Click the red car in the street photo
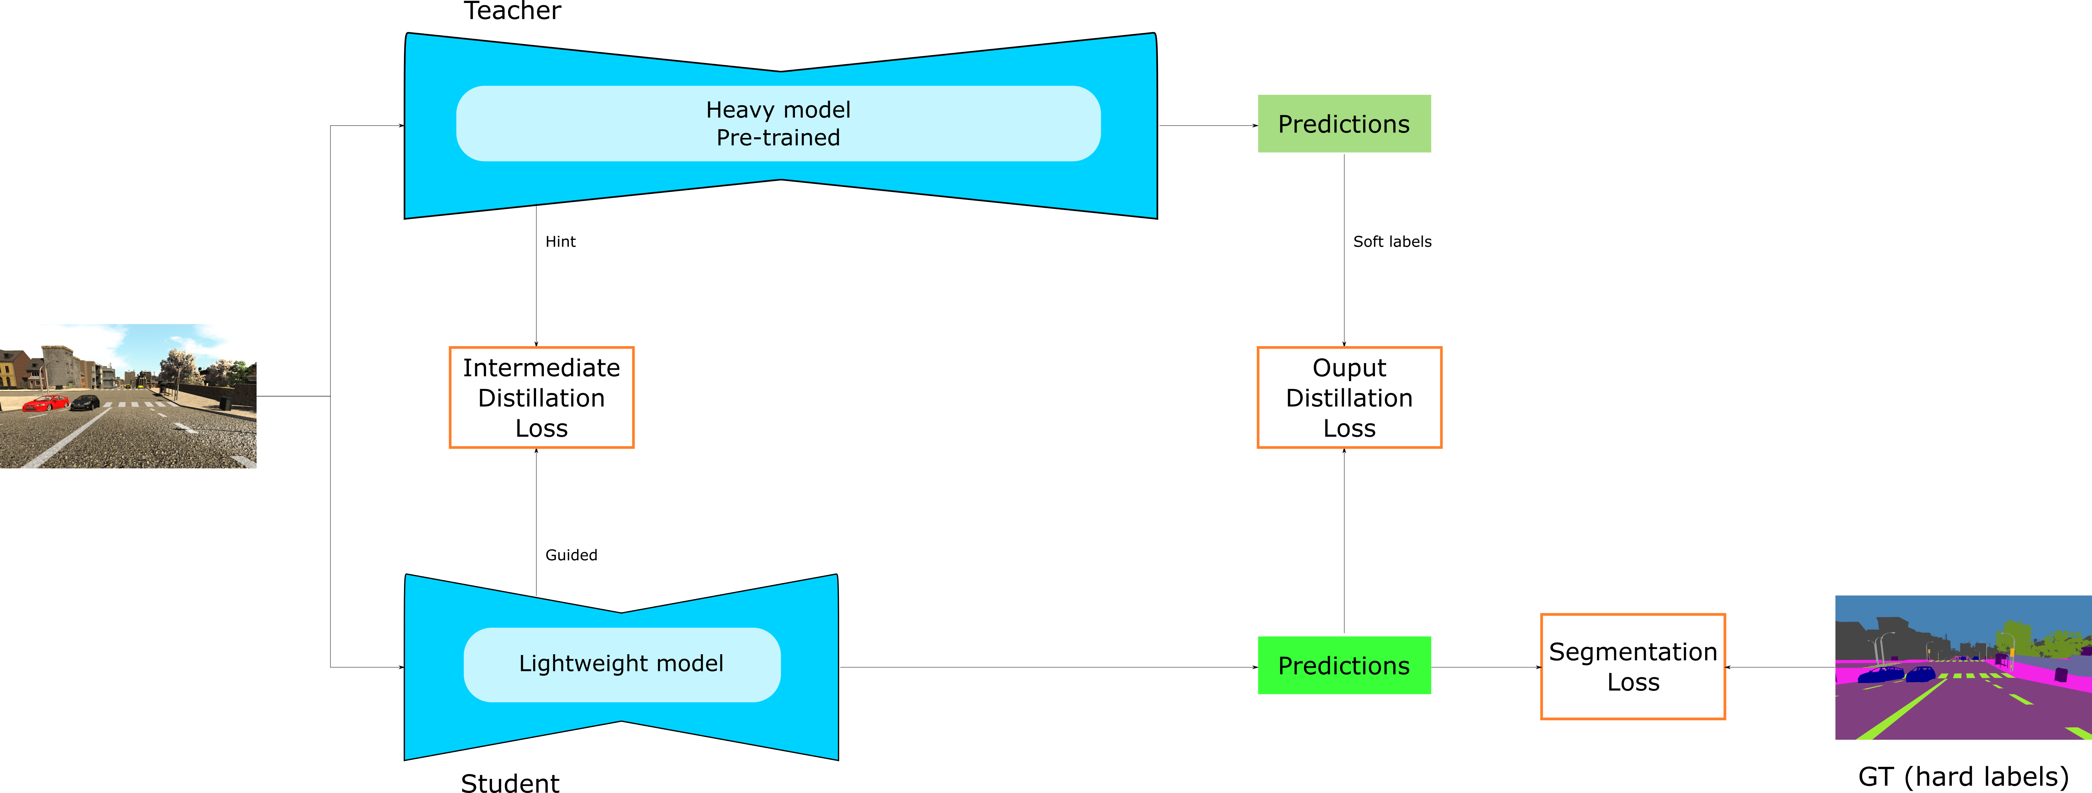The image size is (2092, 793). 46,402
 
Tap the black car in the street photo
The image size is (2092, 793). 85,402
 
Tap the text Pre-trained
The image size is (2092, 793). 778,138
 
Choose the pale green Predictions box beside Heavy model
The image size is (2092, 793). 1344,123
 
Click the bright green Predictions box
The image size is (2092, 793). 1344,665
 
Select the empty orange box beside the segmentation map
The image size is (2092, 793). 1632,667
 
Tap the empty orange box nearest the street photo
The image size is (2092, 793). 542,397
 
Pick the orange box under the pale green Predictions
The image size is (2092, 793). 1349,397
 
